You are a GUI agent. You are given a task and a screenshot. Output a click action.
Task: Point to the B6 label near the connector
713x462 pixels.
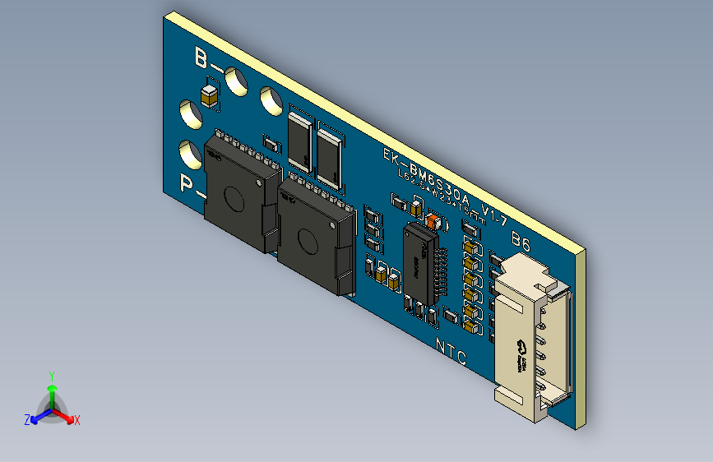click(521, 242)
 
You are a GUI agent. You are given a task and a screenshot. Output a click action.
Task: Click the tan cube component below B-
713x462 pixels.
click(211, 95)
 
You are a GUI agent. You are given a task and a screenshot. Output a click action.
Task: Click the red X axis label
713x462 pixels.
click(77, 420)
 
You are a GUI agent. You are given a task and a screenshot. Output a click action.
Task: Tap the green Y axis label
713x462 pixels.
click(52, 375)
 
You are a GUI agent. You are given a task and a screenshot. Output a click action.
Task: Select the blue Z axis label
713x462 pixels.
click(27, 420)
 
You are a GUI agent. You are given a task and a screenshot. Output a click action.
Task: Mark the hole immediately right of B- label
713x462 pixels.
click(237, 80)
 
